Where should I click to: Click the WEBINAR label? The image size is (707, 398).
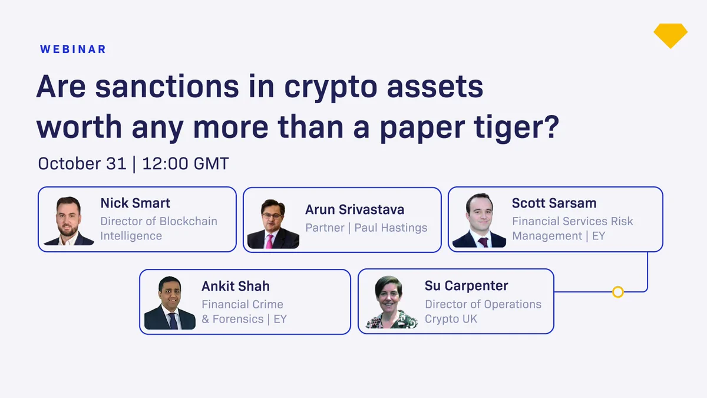(x=73, y=50)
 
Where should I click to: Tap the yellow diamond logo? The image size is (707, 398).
(x=670, y=35)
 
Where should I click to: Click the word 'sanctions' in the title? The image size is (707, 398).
(x=167, y=86)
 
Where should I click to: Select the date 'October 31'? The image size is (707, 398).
(x=82, y=164)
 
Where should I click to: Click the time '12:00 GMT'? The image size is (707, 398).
(x=186, y=164)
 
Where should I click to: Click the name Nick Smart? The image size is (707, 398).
(x=135, y=203)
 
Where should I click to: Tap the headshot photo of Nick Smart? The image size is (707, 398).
(x=69, y=221)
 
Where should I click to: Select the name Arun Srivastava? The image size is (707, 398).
(x=355, y=210)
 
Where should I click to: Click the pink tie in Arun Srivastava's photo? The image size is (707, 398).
(x=270, y=242)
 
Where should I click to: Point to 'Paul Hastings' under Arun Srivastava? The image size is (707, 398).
(x=391, y=228)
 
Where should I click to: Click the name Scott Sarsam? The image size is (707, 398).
(x=554, y=203)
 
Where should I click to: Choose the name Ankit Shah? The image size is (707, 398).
(x=236, y=286)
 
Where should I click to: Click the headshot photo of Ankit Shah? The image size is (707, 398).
(x=170, y=303)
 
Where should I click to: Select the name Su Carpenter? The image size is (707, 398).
(x=466, y=285)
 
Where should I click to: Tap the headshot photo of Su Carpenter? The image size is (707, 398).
(x=391, y=302)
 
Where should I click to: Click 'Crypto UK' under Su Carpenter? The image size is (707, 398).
(x=451, y=319)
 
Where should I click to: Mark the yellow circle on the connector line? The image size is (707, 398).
(x=617, y=292)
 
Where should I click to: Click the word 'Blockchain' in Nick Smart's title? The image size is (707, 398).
(x=188, y=221)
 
